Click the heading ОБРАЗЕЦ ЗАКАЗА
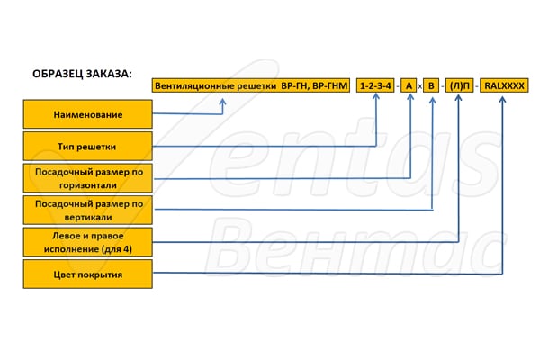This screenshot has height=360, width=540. (81, 74)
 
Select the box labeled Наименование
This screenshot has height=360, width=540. (88, 114)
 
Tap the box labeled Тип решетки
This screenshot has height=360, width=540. (88, 147)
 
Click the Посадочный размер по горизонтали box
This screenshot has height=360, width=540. (88, 177)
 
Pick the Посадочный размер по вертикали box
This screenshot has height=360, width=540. (88, 211)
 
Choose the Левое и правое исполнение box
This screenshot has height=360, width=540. (88, 242)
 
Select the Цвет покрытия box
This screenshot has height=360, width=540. (88, 274)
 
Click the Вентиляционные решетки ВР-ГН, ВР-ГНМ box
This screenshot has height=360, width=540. (251, 85)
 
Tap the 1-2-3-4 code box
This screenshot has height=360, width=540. (375, 85)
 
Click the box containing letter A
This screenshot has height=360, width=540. (409, 85)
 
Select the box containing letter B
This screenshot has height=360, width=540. (431, 85)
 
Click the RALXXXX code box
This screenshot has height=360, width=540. (504, 85)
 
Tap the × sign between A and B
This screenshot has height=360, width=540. (420, 86)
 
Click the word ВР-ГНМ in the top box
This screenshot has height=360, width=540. (326, 85)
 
